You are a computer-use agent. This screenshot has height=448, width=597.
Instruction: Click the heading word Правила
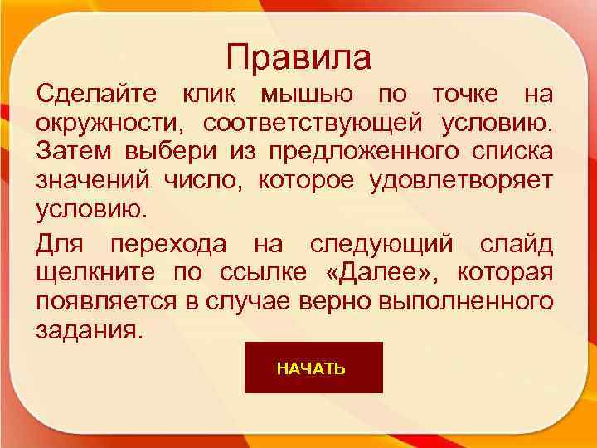[298, 58]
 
